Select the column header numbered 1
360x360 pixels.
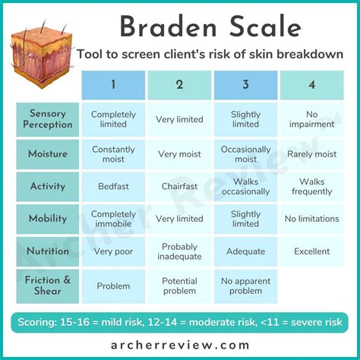click(x=113, y=84)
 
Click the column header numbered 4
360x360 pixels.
click(x=311, y=84)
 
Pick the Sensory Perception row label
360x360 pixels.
click(x=48, y=119)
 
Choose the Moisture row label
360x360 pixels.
click(x=48, y=154)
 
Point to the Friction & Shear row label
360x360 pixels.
click(x=48, y=286)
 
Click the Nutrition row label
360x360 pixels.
click(x=48, y=251)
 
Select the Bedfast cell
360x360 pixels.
click(x=113, y=186)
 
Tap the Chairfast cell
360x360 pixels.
click(x=179, y=186)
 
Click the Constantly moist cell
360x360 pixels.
click(x=113, y=154)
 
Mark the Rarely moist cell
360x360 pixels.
click(x=311, y=154)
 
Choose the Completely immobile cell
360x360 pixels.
click(x=113, y=219)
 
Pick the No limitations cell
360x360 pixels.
click(x=311, y=219)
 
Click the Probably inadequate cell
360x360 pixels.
click(x=179, y=251)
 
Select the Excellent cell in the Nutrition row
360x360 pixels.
click(x=311, y=251)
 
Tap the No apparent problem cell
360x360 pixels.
click(x=245, y=286)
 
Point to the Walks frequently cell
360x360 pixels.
click(x=311, y=186)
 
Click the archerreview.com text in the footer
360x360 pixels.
click(x=180, y=345)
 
